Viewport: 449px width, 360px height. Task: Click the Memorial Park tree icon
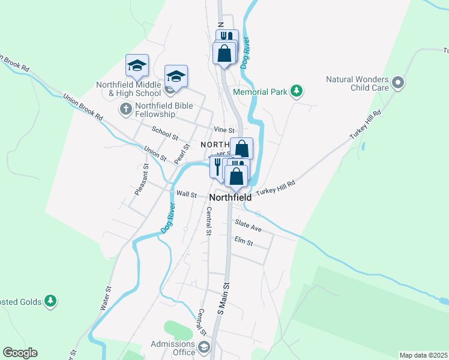(295, 92)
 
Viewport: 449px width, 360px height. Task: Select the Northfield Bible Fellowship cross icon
(125, 109)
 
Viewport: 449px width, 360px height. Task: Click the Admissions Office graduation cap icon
(204, 347)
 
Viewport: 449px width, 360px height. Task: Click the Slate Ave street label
(249, 229)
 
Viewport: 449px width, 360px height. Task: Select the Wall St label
(187, 194)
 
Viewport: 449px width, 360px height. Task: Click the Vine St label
(223, 130)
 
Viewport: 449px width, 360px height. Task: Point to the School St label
(165, 133)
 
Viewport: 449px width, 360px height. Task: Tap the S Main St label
(223, 299)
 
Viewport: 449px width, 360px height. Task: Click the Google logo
(20, 353)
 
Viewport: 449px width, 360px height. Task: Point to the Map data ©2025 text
(423, 355)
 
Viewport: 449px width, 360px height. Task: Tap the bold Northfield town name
(231, 197)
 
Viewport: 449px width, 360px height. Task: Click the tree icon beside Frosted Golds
(51, 301)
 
